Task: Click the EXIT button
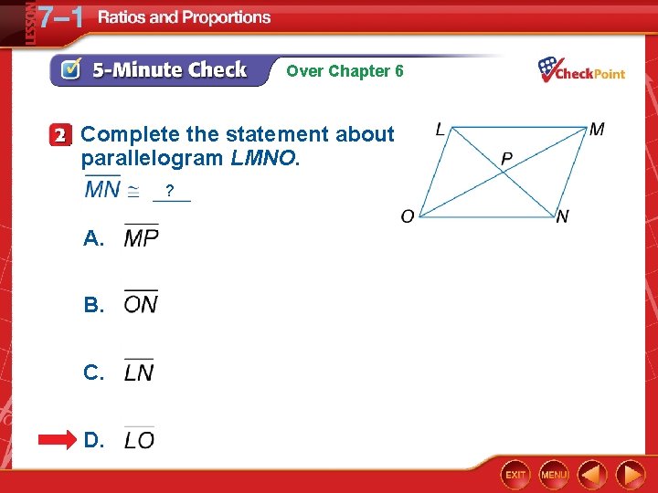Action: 516,475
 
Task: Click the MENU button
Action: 554,475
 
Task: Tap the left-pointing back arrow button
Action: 593,474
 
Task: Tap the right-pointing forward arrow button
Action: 630,474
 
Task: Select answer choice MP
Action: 141,238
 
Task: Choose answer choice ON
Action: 141,304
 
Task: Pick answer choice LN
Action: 139,372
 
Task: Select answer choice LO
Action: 139,440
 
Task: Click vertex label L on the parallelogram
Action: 440,130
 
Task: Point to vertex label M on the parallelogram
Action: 596,130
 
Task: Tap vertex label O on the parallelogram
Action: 408,216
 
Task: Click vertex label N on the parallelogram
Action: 562,216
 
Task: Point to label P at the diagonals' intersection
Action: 506,160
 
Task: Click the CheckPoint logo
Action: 581,69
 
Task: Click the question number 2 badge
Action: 60,135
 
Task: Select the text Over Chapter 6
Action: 345,71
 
